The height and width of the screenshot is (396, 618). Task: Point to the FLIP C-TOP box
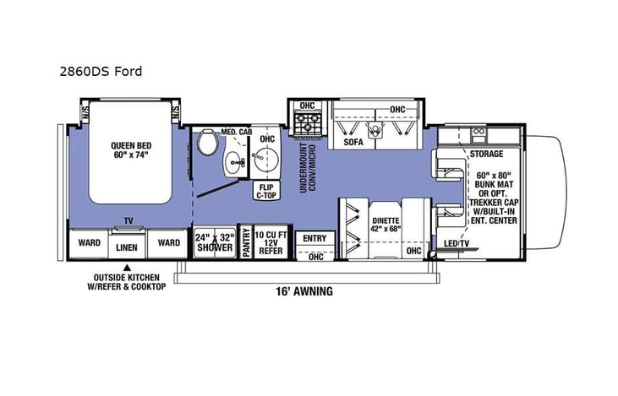(x=267, y=191)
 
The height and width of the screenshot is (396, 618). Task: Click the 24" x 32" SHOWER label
(x=215, y=242)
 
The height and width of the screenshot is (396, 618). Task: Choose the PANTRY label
(x=246, y=243)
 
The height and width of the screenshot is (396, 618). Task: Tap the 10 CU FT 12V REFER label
(x=270, y=242)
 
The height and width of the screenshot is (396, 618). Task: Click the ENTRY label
(x=314, y=238)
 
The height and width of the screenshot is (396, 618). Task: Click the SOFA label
(x=353, y=142)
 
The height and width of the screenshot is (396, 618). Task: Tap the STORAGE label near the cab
(x=487, y=155)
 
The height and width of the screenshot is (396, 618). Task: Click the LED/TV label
(x=457, y=246)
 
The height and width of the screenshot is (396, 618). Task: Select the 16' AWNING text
(x=304, y=291)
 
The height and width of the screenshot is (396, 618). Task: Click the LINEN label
(x=126, y=247)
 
